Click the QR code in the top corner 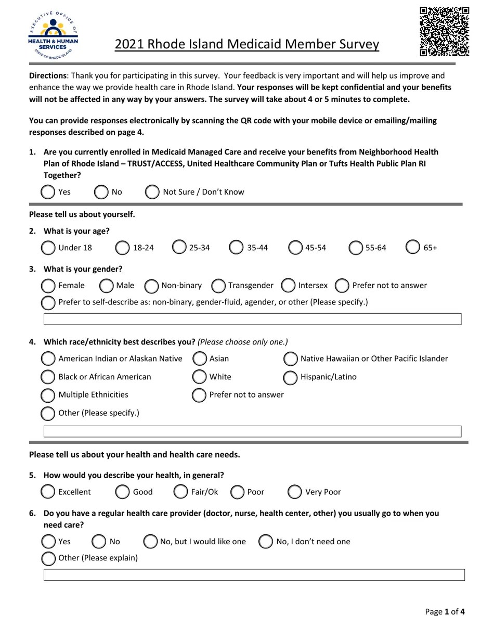coord(445,31)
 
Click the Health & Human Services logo coord(53,35)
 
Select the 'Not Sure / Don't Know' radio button coord(152,192)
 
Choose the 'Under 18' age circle coord(48,248)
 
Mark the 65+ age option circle coord(413,247)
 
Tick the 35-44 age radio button coord(236,247)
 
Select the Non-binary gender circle coord(151,286)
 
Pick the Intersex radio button coord(288,285)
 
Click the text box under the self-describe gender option coord(252,319)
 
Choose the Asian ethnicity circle coord(200,359)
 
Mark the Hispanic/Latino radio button coord(290,377)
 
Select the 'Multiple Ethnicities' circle coord(48,395)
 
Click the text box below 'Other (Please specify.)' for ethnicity coord(252,431)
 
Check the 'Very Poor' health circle coord(294,492)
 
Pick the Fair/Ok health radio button coord(180,492)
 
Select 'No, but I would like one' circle coord(150,542)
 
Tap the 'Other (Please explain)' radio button coord(48,558)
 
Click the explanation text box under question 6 coord(254,575)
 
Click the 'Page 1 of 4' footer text coord(445,611)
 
